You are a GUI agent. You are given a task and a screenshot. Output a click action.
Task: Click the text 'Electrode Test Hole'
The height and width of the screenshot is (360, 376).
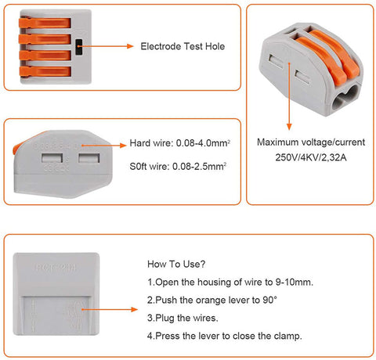(183, 47)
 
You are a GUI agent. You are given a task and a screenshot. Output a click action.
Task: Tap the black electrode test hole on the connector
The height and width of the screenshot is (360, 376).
(80, 47)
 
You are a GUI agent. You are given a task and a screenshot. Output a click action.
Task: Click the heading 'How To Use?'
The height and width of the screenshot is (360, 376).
(177, 265)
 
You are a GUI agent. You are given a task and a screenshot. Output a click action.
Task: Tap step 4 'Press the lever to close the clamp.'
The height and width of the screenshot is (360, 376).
(225, 337)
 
